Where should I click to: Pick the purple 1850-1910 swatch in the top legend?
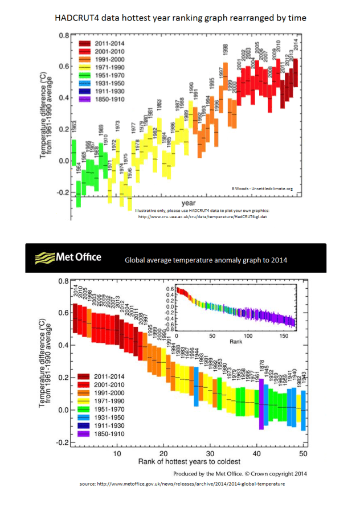point(85,99)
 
